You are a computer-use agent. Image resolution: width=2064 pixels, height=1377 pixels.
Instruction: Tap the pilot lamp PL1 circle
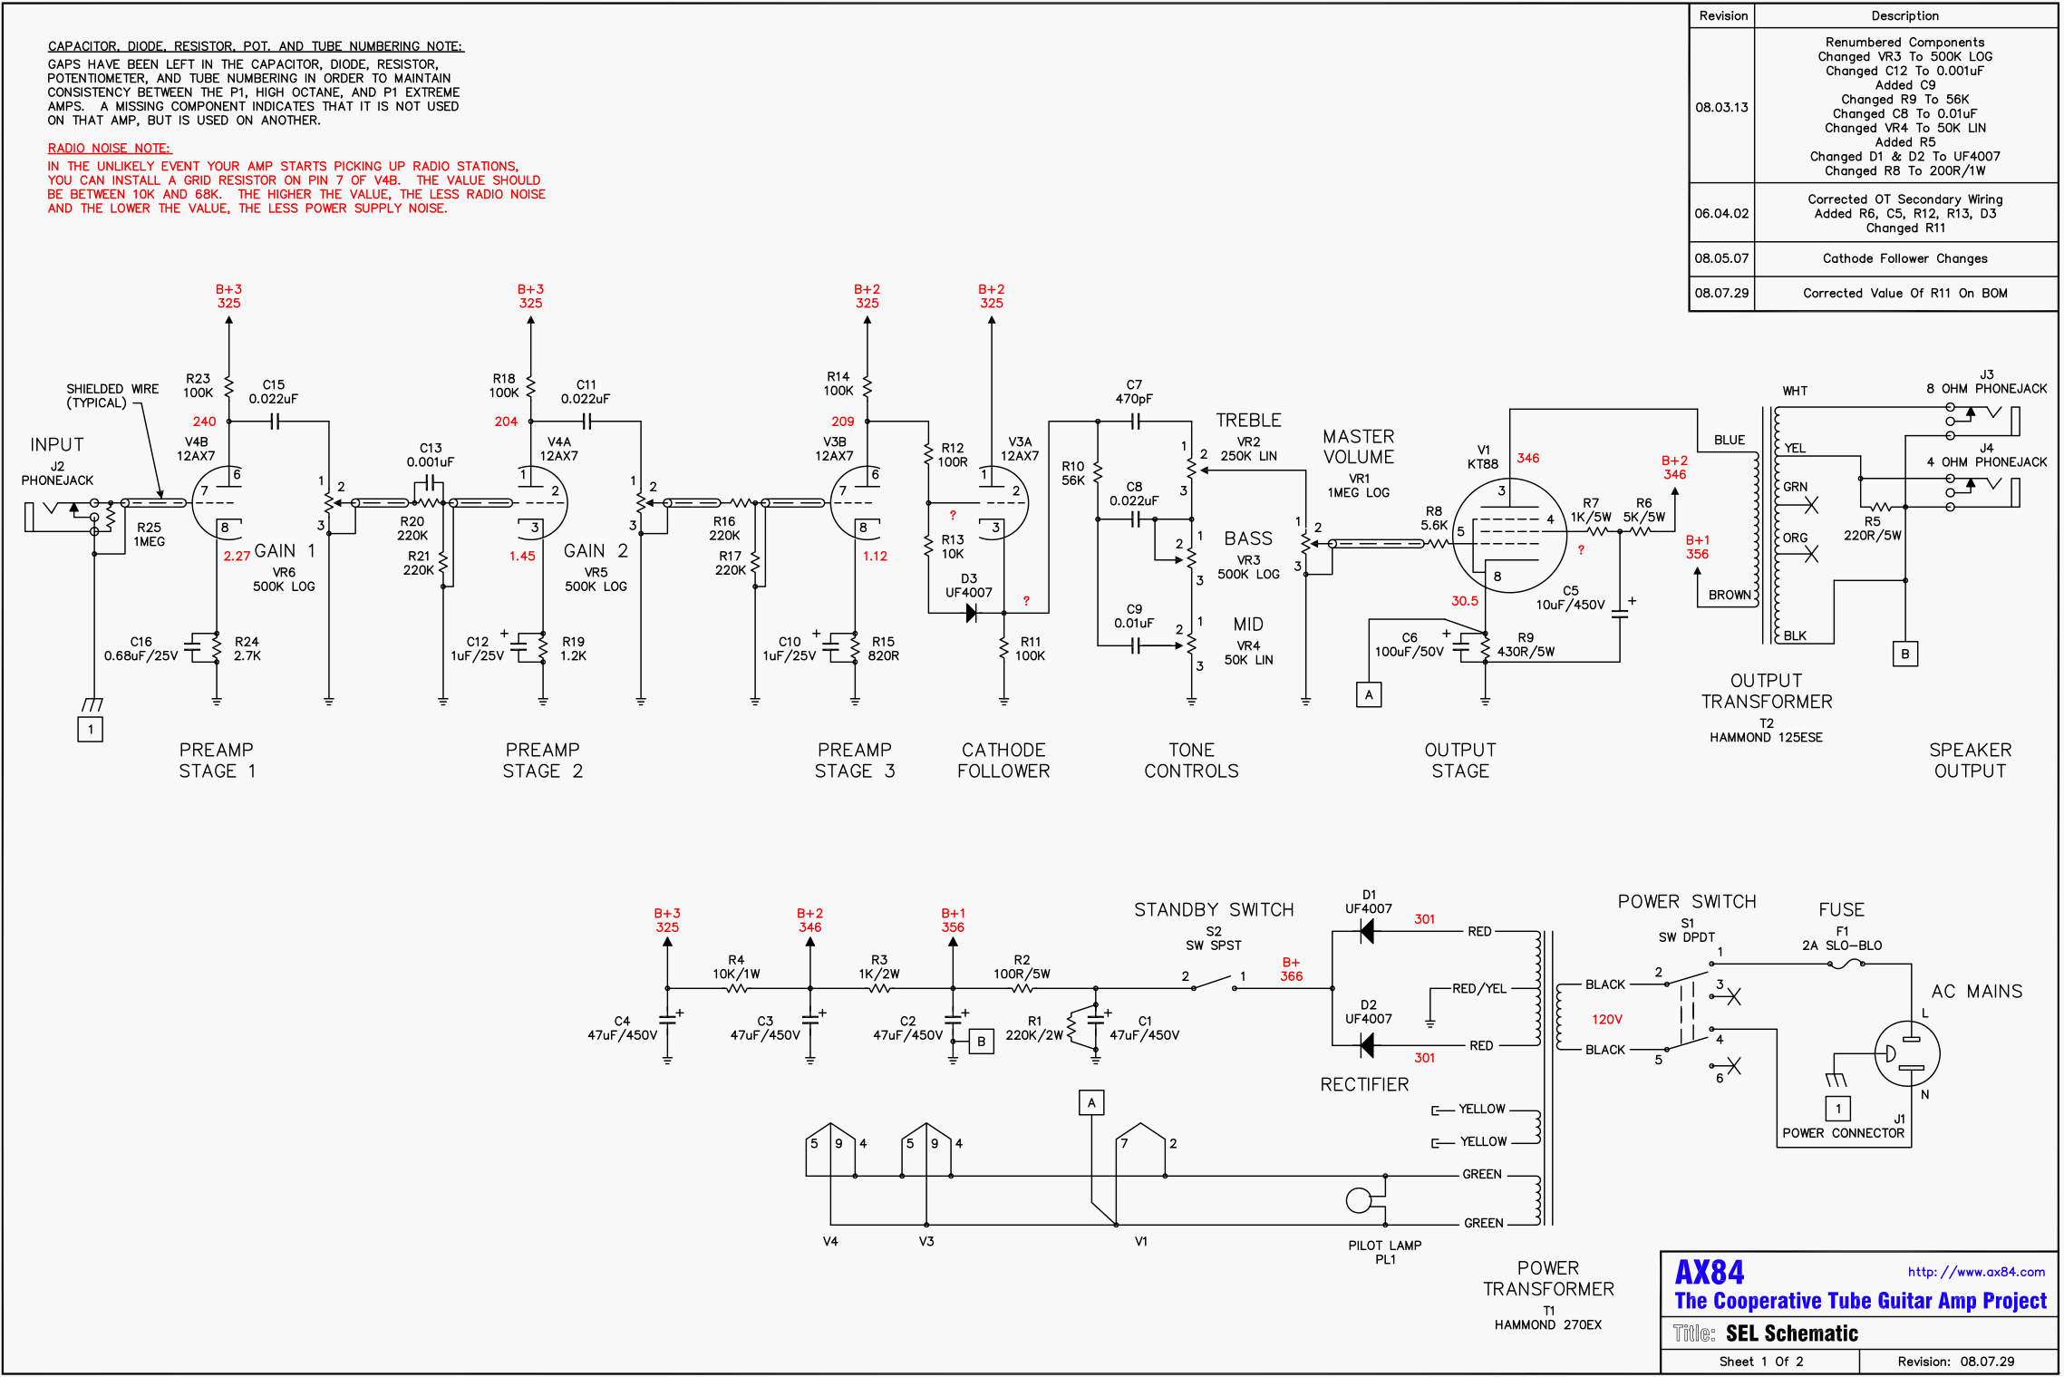tap(1358, 1200)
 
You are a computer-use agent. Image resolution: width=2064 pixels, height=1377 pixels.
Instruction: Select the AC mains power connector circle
tap(1907, 1053)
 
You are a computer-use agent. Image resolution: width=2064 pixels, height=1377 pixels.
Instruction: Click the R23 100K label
tap(198, 385)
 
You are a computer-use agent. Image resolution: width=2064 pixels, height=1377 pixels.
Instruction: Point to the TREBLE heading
tap(1248, 421)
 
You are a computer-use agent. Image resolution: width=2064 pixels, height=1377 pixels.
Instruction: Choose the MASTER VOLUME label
tap(1358, 447)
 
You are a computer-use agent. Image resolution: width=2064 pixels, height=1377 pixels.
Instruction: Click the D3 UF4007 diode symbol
tap(971, 614)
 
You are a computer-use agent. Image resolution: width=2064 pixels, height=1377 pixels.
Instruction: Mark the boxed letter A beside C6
tap(1369, 695)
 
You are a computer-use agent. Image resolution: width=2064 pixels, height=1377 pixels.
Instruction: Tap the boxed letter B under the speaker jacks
tap(1904, 654)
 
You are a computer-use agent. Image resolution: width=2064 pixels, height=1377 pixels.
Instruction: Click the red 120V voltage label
tap(1606, 1019)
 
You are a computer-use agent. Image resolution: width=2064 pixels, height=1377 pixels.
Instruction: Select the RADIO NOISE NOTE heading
tap(109, 149)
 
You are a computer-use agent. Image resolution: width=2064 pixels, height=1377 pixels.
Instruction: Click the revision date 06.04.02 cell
tap(1721, 214)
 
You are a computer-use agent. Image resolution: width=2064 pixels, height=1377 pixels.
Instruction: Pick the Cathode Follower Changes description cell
tap(1904, 259)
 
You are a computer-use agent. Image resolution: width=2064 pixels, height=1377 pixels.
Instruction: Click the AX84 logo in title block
tap(1709, 1273)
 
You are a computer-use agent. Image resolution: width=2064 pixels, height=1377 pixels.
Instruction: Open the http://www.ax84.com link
tap(1975, 1272)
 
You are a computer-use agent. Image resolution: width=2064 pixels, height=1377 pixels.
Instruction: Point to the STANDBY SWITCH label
tap(1213, 910)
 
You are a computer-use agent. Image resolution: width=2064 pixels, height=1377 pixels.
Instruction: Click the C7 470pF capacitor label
tap(1133, 392)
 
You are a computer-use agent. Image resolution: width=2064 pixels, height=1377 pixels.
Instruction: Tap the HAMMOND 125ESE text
tap(1765, 738)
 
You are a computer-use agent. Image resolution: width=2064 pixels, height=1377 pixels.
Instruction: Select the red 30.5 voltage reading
tap(1464, 601)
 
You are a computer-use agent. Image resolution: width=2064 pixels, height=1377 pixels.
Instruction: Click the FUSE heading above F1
tap(1841, 910)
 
